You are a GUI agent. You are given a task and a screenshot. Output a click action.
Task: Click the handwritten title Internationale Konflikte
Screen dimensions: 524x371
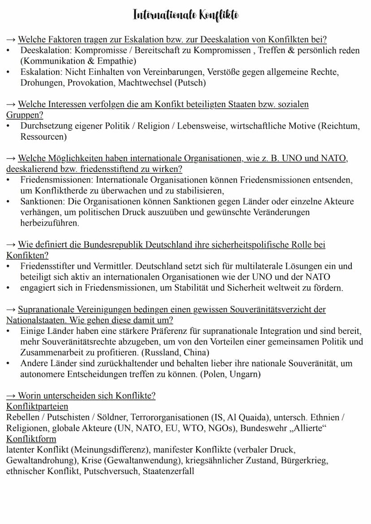185,15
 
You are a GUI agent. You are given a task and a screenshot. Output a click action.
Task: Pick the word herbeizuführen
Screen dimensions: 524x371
49,223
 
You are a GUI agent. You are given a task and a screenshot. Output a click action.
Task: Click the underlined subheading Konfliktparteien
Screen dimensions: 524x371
37,406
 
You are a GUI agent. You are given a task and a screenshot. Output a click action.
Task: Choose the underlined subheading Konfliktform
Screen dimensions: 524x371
31,439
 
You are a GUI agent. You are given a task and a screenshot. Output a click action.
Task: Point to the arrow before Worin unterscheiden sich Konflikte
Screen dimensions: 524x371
11,396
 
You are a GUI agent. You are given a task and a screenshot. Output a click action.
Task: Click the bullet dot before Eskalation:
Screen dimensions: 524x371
9,72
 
